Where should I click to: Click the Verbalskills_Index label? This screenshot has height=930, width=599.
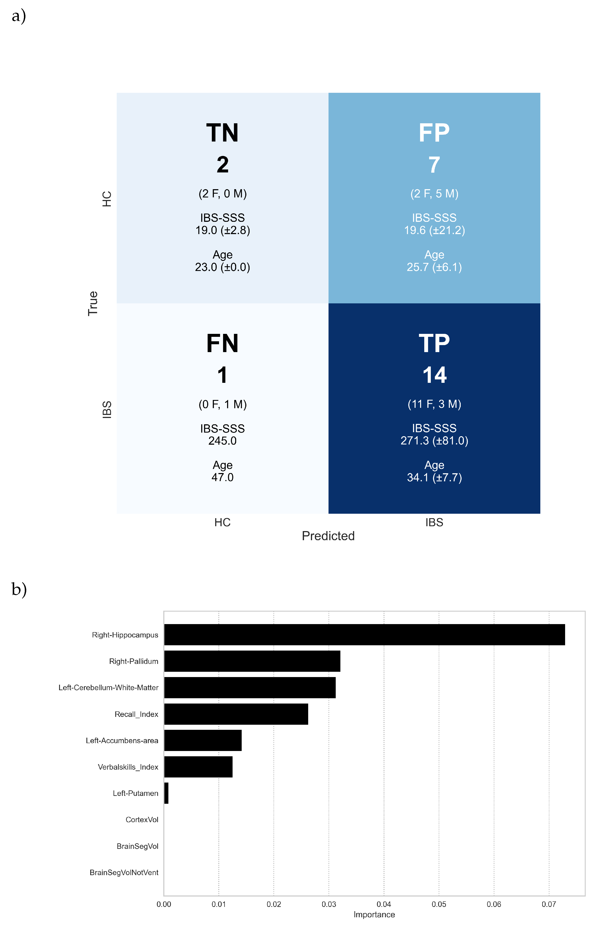coord(128,767)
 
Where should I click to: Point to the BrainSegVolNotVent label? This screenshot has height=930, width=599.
coord(124,872)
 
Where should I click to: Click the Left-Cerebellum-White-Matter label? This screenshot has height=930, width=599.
coord(108,688)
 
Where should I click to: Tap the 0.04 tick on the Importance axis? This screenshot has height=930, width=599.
coord(384,904)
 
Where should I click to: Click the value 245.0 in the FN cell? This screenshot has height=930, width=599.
coord(222,441)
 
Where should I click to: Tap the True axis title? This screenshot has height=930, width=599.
coord(93,303)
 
